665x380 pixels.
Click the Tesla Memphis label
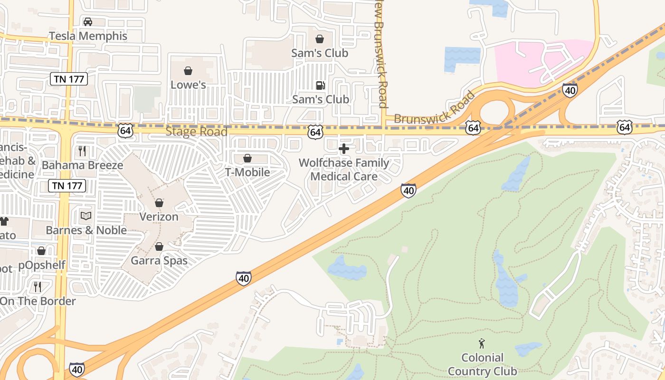[88, 36]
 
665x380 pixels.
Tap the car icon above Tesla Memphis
[88, 22]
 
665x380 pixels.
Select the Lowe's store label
[188, 85]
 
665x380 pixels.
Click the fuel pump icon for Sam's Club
[320, 85]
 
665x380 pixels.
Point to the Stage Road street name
[196, 132]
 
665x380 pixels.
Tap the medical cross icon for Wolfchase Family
[343, 149]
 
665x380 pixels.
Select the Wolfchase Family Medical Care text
[343, 170]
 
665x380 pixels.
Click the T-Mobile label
[247, 172]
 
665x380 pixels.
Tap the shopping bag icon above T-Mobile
[247, 158]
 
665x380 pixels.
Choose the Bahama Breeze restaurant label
[82, 165]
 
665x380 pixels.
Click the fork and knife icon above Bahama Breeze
[82, 151]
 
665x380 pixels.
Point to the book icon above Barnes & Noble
[85, 216]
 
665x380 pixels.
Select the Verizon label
[159, 217]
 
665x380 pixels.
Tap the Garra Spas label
[159, 261]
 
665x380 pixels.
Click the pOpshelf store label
[42, 265]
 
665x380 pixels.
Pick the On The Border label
[38, 301]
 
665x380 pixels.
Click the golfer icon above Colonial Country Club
[482, 343]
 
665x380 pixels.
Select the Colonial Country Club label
[482, 364]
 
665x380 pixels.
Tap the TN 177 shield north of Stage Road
[69, 79]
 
